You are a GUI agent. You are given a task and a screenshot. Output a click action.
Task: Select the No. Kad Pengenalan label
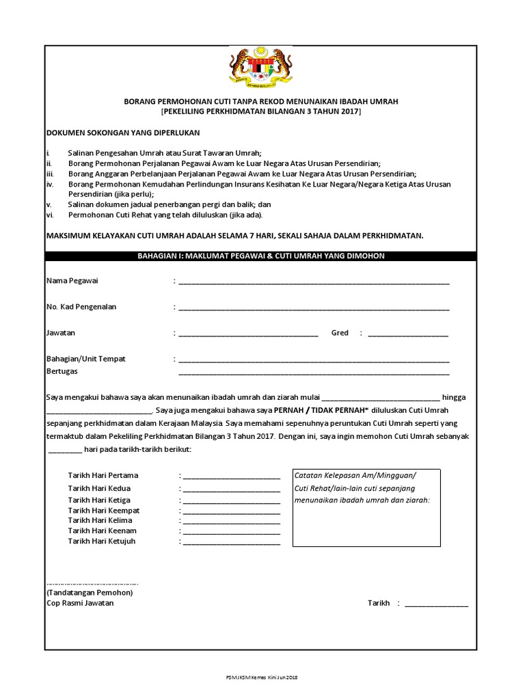pyautogui.click(x=81, y=307)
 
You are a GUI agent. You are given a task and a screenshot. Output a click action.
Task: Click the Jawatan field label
pyautogui.click(x=61, y=333)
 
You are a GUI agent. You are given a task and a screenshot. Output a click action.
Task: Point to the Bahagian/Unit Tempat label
pyautogui.click(x=85, y=359)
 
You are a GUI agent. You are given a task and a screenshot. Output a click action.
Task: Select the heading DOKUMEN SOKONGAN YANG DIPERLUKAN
pyautogui.click(x=123, y=133)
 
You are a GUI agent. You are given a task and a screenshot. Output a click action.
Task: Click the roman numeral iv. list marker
pyautogui.click(x=49, y=185)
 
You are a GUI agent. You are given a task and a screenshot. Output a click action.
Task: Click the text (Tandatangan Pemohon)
pyautogui.click(x=90, y=593)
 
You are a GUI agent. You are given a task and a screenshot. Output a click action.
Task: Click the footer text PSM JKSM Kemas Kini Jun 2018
pyautogui.click(x=262, y=677)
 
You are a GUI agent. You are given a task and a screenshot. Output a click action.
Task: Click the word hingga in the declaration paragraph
pyautogui.click(x=454, y=397)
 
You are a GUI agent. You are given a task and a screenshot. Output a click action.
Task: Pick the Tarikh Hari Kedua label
pyautogui.click(x=99, y=488)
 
